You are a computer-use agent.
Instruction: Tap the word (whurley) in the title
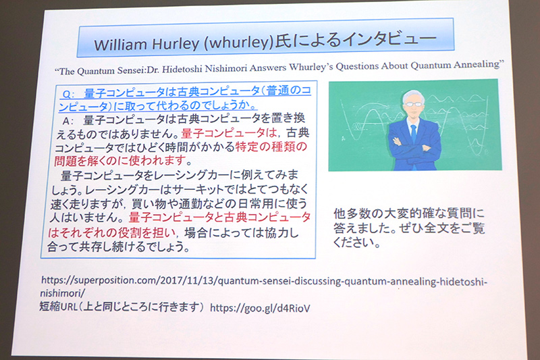[236, 44]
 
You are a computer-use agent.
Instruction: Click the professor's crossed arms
[414, 145]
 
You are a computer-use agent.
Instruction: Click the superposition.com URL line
[263, 279]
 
